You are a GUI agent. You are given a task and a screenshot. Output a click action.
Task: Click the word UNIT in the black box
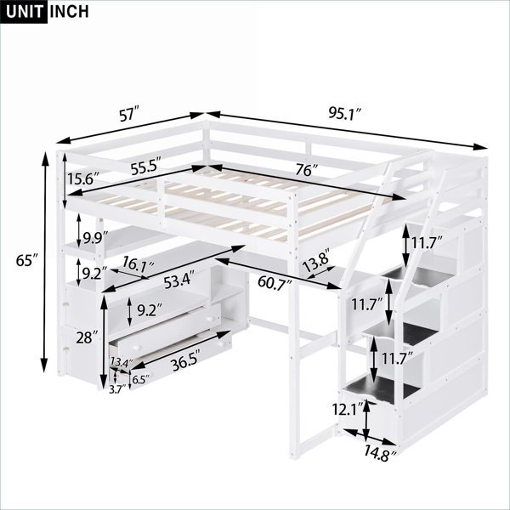[24, 12]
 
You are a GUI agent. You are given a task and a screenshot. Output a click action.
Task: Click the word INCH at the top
[69, 12]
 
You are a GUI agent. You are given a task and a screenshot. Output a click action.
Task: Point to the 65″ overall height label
[27, 261]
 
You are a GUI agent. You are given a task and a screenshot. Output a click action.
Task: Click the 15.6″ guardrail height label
[83, 178]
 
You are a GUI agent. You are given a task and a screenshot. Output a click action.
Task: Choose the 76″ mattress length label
[307, 170]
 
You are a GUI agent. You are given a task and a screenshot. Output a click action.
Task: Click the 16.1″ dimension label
[137, 265]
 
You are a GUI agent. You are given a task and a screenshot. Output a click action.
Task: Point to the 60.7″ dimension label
[274, 281]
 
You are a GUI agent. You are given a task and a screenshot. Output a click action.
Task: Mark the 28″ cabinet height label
[87, 337]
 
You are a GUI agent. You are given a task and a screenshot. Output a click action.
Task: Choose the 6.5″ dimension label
[141, 380]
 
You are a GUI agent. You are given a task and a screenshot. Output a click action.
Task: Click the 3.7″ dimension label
[117, 390]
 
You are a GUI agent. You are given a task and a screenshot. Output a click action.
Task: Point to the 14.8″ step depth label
[380, 453]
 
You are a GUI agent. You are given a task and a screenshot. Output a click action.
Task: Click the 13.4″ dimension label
[122, 362]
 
